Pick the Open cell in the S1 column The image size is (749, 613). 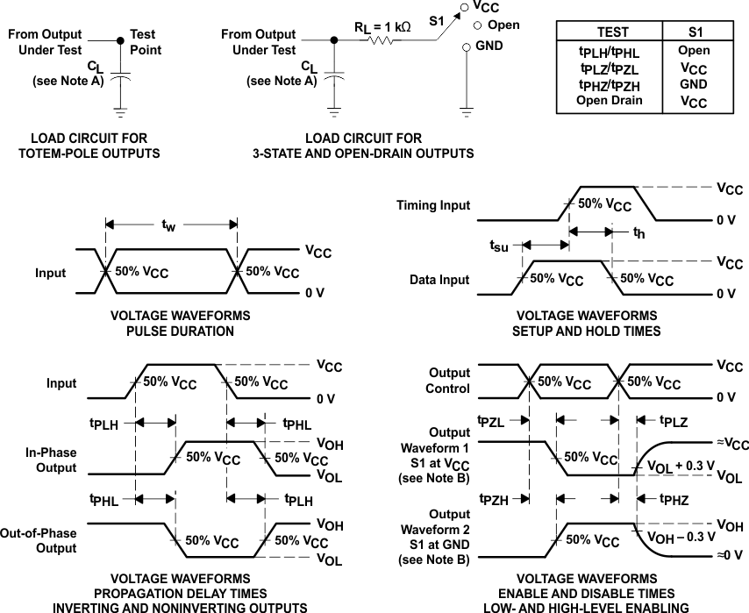694,50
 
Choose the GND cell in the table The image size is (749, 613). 694,84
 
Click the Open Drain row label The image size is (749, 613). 609,100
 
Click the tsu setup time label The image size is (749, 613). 498,246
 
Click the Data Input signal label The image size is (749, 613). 440,280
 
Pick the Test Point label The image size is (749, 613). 146,42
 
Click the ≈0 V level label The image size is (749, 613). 727,555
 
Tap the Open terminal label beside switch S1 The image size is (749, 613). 503,25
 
